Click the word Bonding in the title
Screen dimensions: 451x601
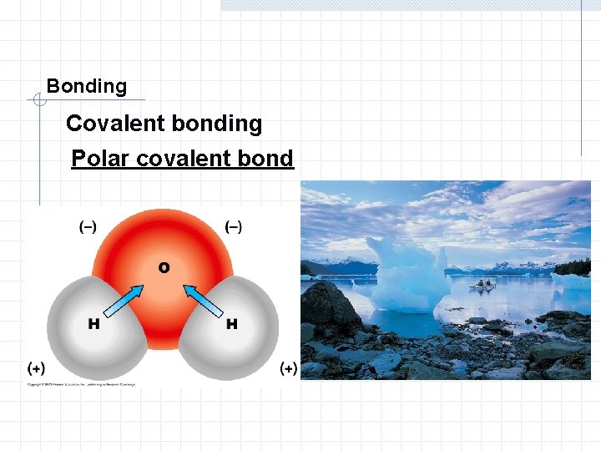click(87, 86)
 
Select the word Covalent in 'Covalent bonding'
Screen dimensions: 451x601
click(114, 124)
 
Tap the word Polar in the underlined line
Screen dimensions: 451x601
click(98, 158)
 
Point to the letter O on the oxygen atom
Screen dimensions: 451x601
click(164, 267)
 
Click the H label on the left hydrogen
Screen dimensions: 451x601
click(93, 323)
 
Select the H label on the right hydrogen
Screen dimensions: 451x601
click(231, 323)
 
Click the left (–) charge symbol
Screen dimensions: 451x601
click(88, 226)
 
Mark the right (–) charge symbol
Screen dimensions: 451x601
click(235, 226)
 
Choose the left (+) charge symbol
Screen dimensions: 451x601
click(36, 367)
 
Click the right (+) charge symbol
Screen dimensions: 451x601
click(288, 367)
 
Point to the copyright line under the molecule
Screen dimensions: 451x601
click(80, 384)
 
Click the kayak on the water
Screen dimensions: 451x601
click(482, 284)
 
